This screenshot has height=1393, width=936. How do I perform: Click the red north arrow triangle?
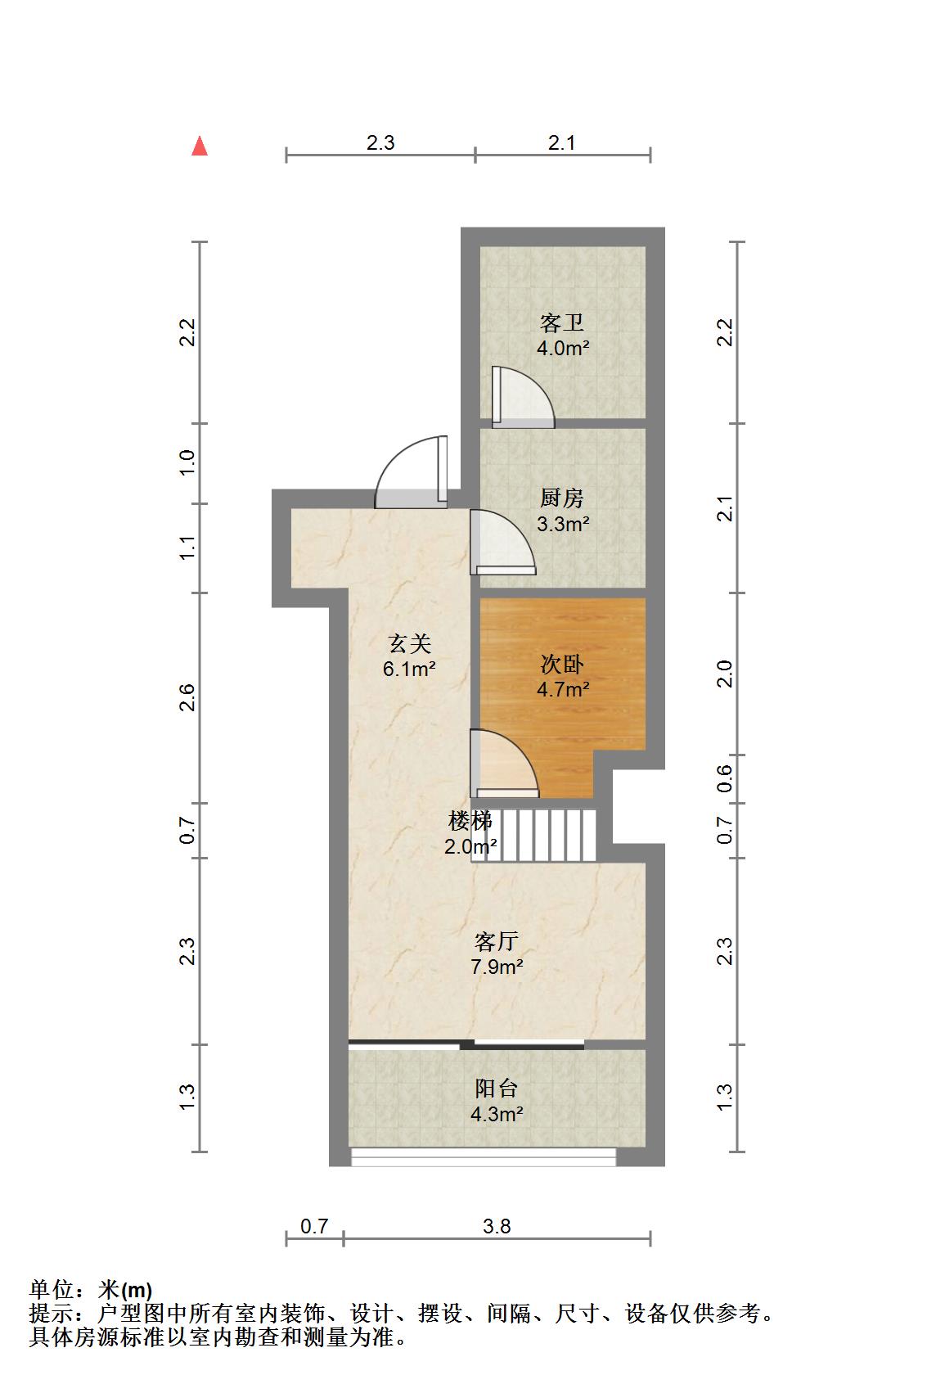coord(200,147)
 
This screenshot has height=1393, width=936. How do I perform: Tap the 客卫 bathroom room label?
coord(562,322)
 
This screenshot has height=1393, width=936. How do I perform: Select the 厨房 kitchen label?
coord(562,498)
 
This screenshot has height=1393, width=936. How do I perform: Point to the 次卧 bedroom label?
coord(562,664)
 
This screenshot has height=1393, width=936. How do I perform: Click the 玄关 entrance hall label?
coord(410,643)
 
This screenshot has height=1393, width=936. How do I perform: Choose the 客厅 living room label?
coord(496,941)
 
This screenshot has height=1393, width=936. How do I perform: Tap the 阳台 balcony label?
coord(496,1089)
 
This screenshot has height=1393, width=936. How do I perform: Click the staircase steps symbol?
coord(534,835)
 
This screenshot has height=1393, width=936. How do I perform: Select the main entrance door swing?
coord(411,472)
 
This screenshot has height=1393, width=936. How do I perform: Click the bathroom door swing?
coord(523,397)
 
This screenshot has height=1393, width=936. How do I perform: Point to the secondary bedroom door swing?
coord(504,763)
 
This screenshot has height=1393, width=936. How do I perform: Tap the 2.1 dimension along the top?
coord(561,143)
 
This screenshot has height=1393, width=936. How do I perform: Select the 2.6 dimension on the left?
coord(187,697)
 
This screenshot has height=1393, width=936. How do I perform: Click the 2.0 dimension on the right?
coord(725,674)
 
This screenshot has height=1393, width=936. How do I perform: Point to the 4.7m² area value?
coord(563,690)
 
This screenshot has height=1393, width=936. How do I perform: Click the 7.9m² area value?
coord(497,967)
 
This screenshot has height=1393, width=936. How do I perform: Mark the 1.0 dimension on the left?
coord(187,462)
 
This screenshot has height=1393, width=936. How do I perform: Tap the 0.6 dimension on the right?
coord(725,778)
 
